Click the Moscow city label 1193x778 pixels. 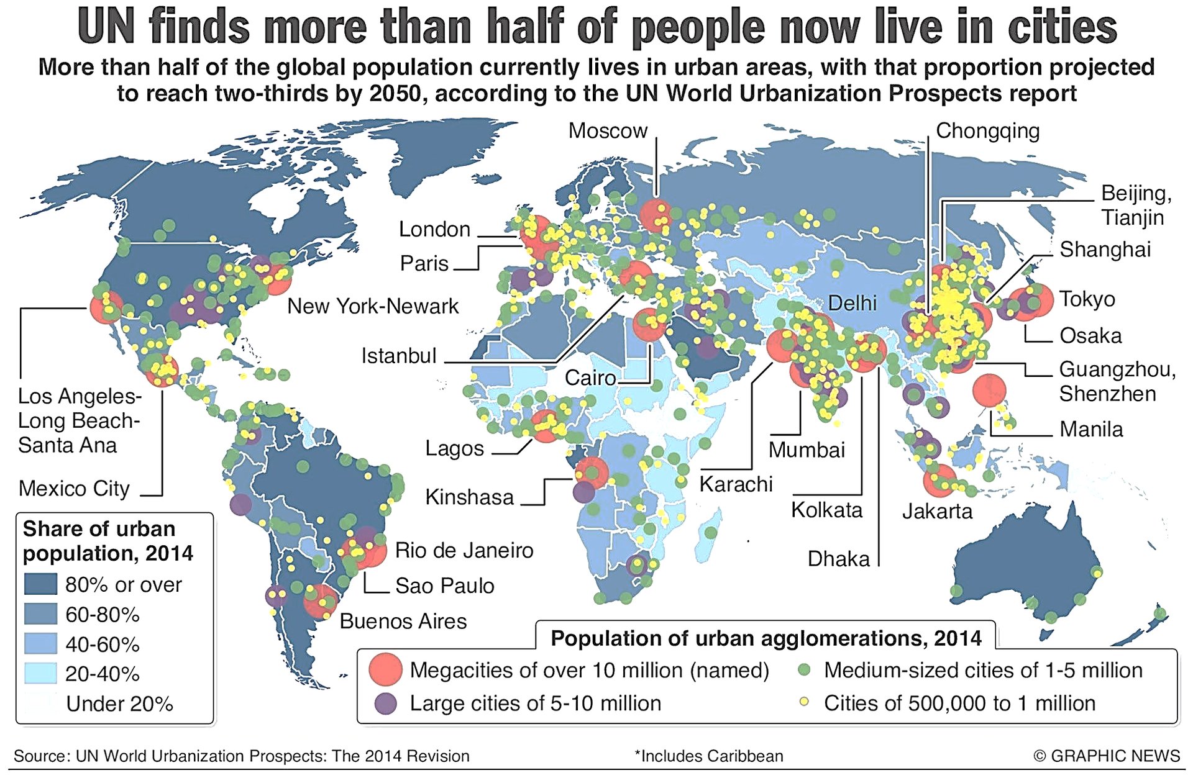[x=608, y=131]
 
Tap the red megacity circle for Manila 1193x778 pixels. [x=989, y=391]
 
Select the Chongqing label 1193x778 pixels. [x=987, y=131]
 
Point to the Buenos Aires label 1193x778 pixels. [x=403, y=621]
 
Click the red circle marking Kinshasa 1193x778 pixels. [x=592, y=473]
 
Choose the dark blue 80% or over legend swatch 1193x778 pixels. [x=40, y=584]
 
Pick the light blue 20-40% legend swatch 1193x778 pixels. [x=40, y=674]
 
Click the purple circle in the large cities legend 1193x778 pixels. [x=386, y=703]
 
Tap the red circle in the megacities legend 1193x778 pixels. [x=385, y=669]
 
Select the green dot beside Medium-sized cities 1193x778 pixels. [x=804, y=670]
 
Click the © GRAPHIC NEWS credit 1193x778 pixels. [x=1106, y=756]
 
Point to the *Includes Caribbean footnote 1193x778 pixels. [x=708, y=756]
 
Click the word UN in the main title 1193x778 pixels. [x=106, y=27]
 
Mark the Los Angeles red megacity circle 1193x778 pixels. [x=106, y=307]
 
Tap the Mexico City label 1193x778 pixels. [x=74, y=489]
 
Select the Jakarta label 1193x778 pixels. [x=937, y=512]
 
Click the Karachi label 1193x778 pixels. [x=736, y=484]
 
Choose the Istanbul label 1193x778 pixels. [x=399, y=356]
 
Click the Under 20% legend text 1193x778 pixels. [x=119, y=703]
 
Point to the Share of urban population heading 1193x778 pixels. [x=107, y=541]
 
